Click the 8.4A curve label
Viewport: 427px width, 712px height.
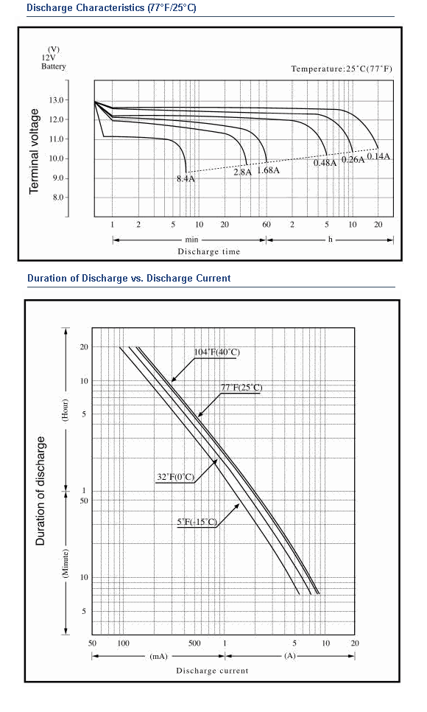(x=186, y=178)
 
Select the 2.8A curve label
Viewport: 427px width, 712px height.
(x=242, y=172)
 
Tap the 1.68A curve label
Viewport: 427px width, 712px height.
(x=268, y=170)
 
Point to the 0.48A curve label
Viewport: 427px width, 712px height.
(x=325, y=163)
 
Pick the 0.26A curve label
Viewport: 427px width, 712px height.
(x=353, y=160)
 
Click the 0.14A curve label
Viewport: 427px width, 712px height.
(x=378, y=156)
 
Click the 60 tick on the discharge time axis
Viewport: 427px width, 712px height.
(x=267, y=224)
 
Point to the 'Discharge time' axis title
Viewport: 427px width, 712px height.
(x=209, y=251)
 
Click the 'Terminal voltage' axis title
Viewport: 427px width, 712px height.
(x=34, y=151)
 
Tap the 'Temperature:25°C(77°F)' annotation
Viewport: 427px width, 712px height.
(x=342, y=69)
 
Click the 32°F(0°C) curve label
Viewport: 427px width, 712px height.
(x=176, y=477)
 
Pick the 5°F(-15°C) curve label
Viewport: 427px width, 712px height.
(x=197, y=522)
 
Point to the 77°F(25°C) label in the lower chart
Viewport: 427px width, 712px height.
(x=241, y=388)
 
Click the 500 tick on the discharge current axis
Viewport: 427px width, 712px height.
(x=194, y=643)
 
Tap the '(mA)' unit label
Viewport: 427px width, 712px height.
(x=158, y=656)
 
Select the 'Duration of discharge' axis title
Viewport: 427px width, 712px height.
(x=40, y=491)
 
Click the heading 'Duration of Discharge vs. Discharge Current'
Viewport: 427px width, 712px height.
(x=129, y=279)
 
